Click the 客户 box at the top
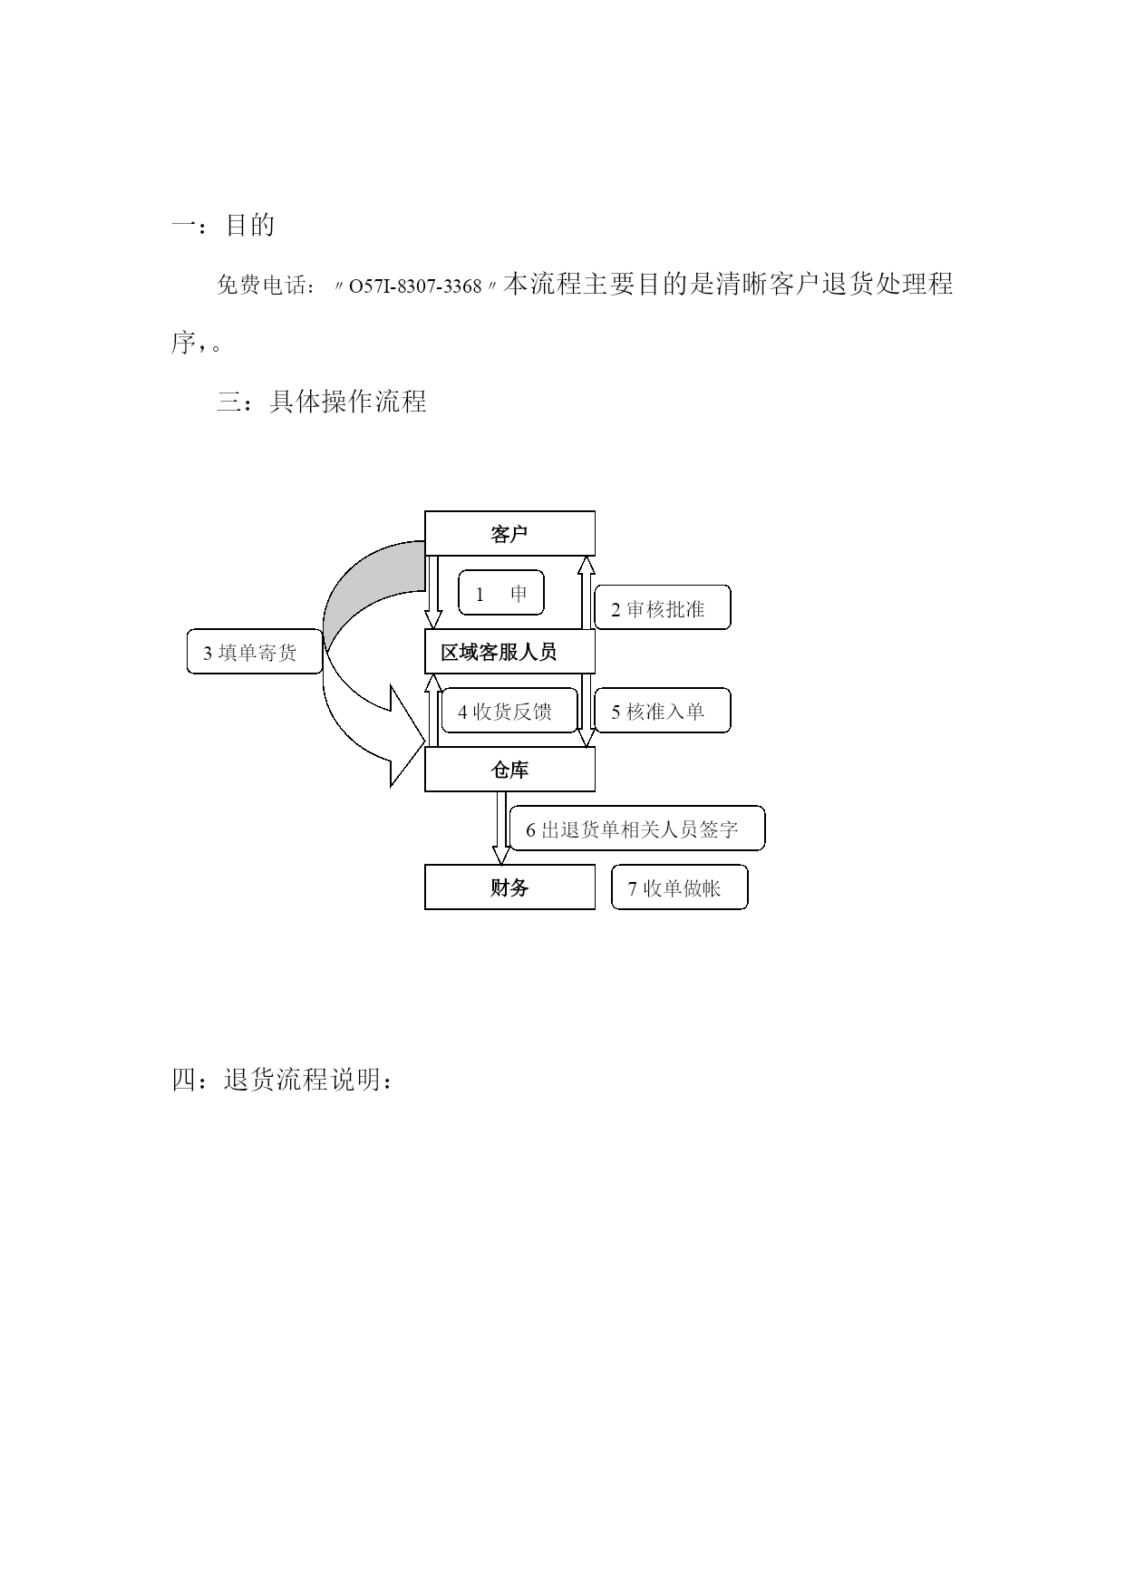(509, 533)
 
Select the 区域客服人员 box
(509, 651)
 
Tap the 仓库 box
(509, 769)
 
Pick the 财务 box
(509, 887)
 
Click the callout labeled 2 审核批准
(663, 607)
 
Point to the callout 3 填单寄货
(255, 652)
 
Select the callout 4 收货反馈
(509, 711)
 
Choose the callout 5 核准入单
(663, 711)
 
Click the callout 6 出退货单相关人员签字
(637, 829)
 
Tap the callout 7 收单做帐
(680, 887)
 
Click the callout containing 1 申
(501, 593)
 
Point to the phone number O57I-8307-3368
(415, 286)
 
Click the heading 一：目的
(223, 225)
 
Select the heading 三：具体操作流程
(322, 401)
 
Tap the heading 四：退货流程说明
(283, 1080)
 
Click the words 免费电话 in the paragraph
(261, 286)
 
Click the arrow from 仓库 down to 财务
(501, 828)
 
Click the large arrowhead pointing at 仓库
(407, 735)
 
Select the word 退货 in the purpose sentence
(848, 284)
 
